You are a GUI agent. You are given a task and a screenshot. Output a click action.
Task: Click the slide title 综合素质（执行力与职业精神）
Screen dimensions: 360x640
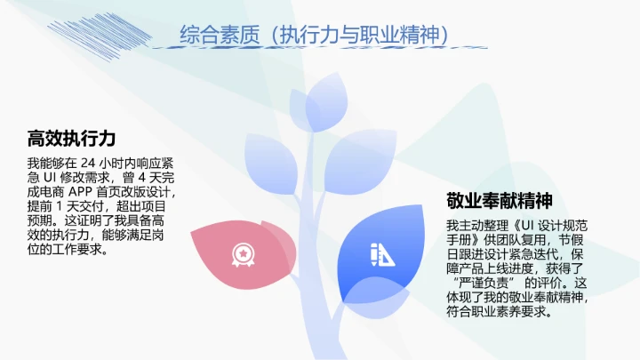(x=320, y=35)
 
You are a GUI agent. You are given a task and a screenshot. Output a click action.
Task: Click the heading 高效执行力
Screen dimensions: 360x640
(x=72, y=139)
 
